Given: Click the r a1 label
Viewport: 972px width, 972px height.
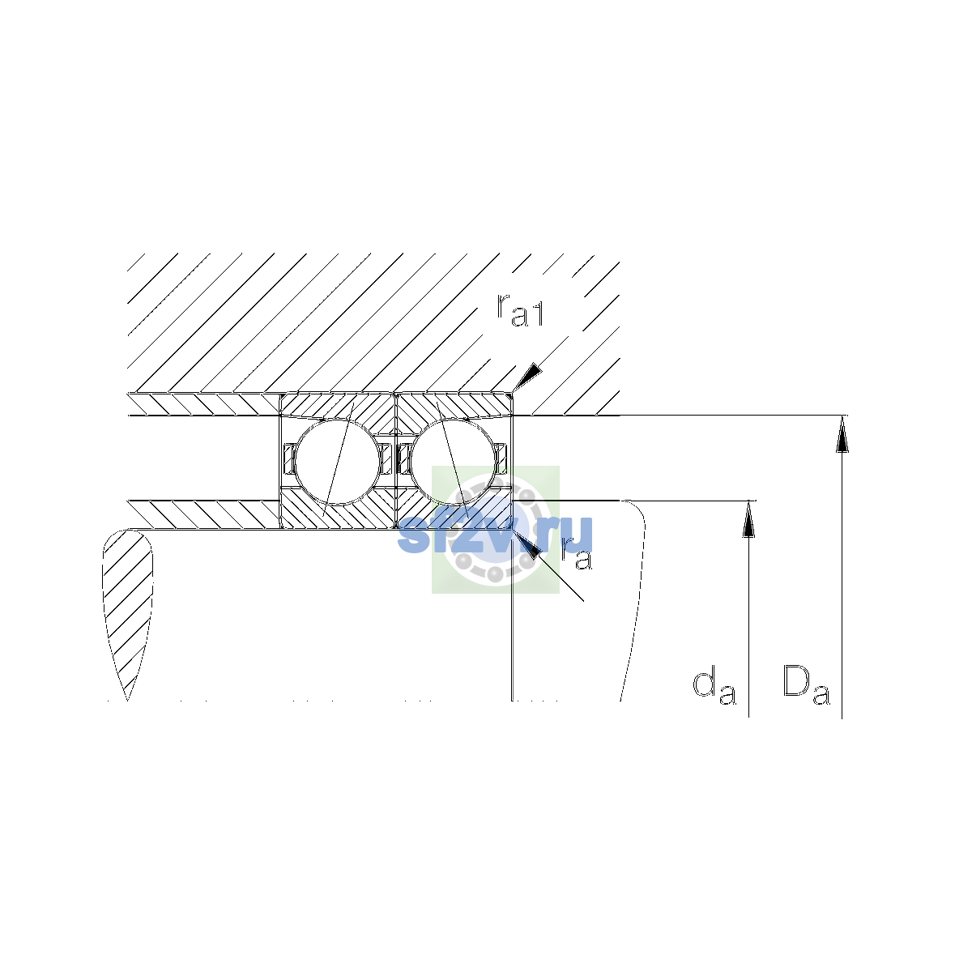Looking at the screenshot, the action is click(519, 310).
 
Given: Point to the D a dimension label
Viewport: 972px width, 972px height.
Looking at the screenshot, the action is click(806, 684).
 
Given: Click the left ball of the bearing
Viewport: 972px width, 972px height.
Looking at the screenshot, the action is click(338, 462).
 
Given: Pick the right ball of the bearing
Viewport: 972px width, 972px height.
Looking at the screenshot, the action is click(453, 462).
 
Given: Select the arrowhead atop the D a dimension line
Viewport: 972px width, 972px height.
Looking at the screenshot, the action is click(842, 434).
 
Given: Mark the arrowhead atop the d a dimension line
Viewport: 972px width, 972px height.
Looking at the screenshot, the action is click(748, 519).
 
